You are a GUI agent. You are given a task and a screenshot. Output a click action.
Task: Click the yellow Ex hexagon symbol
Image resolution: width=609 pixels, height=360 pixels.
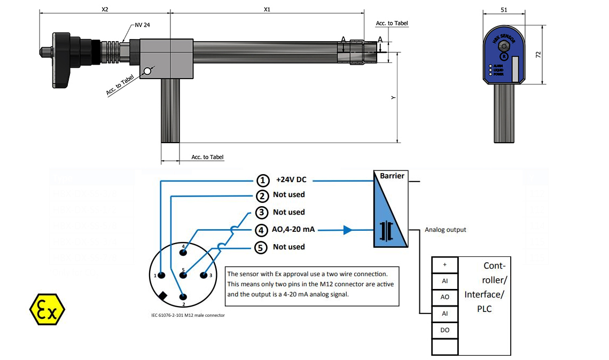pos(46,309)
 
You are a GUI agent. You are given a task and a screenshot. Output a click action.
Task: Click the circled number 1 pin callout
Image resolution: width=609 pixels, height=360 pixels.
pos(263,180)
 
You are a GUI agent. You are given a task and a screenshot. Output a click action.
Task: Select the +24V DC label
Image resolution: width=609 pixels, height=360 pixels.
pos(291,180)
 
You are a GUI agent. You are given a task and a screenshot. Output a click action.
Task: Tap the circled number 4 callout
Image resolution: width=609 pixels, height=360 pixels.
pos(262,230)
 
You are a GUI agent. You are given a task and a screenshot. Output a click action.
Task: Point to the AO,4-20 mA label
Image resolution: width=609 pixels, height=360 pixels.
pos(293,230)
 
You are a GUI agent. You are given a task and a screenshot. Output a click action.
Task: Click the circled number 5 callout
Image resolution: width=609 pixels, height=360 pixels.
pos(262,247)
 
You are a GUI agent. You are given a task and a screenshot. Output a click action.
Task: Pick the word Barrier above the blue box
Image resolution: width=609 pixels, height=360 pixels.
pos(392,176)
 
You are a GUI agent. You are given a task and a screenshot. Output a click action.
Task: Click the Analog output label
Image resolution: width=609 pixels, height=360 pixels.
pos(446,230)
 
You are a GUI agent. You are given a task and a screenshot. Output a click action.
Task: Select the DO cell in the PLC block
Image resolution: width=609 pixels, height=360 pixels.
pos(444,330)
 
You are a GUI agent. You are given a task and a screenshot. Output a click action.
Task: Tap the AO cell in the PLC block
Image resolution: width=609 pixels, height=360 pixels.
pos(444,297)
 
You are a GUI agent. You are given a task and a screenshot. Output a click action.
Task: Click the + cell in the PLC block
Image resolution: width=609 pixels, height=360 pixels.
pos(444,264)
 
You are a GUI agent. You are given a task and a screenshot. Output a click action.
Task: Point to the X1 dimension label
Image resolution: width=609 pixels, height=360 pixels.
pos(267,9)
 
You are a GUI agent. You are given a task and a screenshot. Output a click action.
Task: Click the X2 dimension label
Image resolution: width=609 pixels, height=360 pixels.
pos(105,9)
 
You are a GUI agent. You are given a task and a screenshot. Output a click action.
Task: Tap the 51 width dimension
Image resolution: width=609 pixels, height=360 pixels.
pos(504,9)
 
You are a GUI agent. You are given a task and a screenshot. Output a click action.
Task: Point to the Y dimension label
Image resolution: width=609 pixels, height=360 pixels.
pos(393,97)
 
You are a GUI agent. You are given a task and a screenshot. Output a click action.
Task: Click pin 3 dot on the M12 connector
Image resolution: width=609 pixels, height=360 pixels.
pos(204,275)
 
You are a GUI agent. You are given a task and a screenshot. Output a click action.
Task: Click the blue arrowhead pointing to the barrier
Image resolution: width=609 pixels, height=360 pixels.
pos(348,230)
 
